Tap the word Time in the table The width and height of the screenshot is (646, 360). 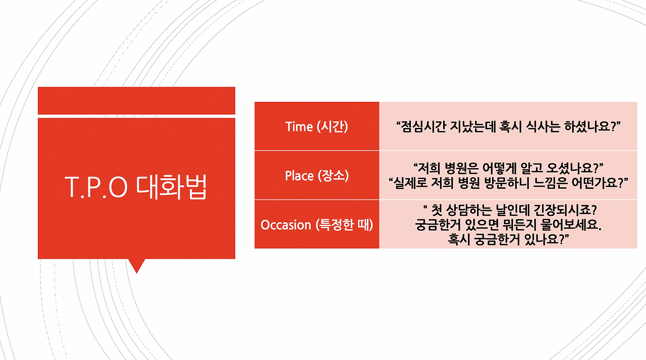click(299, 127)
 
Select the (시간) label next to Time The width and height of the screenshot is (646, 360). click(333, 127)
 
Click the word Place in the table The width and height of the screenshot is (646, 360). click(299, 176)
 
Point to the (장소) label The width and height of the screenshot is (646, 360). click(333, 176)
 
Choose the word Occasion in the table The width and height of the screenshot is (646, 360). click(286, 225)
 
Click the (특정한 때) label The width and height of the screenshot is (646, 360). click(344, 225)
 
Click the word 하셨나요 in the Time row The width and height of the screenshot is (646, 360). click(590, 127)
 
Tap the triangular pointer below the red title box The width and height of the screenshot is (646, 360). click(136, 265)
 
